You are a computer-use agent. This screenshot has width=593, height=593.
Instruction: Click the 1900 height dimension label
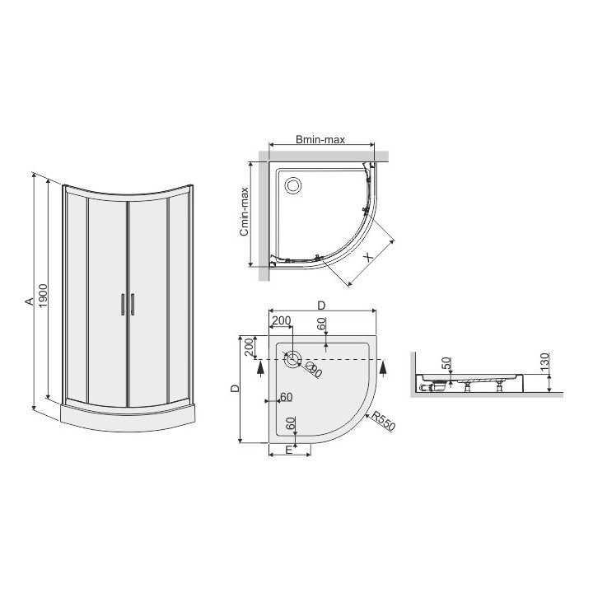[x=44, y=296]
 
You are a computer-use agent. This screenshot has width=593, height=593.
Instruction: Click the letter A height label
[x=30, y=301]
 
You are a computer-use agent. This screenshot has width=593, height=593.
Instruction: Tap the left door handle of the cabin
[x=122, y=304]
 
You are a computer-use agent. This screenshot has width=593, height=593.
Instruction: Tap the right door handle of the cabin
[x=133, y=304]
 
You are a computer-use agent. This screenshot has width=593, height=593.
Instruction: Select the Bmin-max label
[x=320, y=140]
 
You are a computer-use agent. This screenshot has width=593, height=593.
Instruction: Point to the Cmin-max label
[x=245, y=212]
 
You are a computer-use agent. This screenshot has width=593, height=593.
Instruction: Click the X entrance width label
[x=368, y=257]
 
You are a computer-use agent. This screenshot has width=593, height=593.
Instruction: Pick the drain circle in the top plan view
[x=292, y=185]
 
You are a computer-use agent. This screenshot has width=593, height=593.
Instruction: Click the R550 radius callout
[x=383, y=421]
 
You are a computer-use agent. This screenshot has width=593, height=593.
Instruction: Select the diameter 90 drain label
[x=314, y=369]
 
